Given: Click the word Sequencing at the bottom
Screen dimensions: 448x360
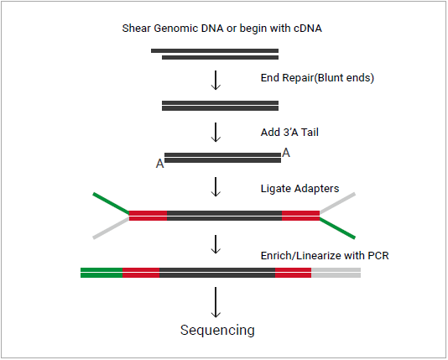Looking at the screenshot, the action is [x=217, y=331].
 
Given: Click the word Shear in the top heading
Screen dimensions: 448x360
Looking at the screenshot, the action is [x=136, y=29].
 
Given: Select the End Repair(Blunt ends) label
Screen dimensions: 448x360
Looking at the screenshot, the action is [x=317, y=78].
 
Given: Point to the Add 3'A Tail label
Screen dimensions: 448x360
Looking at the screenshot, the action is [x=289, y=133].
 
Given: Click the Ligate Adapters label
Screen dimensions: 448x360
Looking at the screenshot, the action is [x=300, y=189].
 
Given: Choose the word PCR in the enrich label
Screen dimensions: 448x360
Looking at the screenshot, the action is [x=378, y=255].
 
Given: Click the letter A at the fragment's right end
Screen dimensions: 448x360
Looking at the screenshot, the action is [x=286, y=153].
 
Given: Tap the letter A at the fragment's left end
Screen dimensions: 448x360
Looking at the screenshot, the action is [x=159, y=164].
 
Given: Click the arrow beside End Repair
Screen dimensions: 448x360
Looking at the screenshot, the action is [x=216, y=81].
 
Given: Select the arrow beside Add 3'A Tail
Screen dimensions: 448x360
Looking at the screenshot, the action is [x=216, y=133].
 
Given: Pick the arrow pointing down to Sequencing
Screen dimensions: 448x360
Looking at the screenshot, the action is [x=216, y=302].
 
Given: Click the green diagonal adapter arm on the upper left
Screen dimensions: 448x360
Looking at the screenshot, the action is [x=111, y=203].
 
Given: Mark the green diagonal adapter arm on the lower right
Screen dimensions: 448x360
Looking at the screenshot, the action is [x=337, y=228].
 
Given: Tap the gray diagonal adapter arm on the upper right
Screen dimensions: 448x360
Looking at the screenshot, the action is [x=337, y=203].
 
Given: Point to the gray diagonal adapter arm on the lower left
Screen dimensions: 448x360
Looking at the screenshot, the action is [x=111, y=228].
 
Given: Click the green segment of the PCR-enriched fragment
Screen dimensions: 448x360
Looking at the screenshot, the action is [x=102, y=273].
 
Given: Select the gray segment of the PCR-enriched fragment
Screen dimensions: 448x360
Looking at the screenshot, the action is [x=336, y=273].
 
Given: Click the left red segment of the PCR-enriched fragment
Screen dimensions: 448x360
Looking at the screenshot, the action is [x=141, y=273].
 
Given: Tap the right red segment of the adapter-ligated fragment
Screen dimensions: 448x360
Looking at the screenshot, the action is [x=300, y=216].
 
